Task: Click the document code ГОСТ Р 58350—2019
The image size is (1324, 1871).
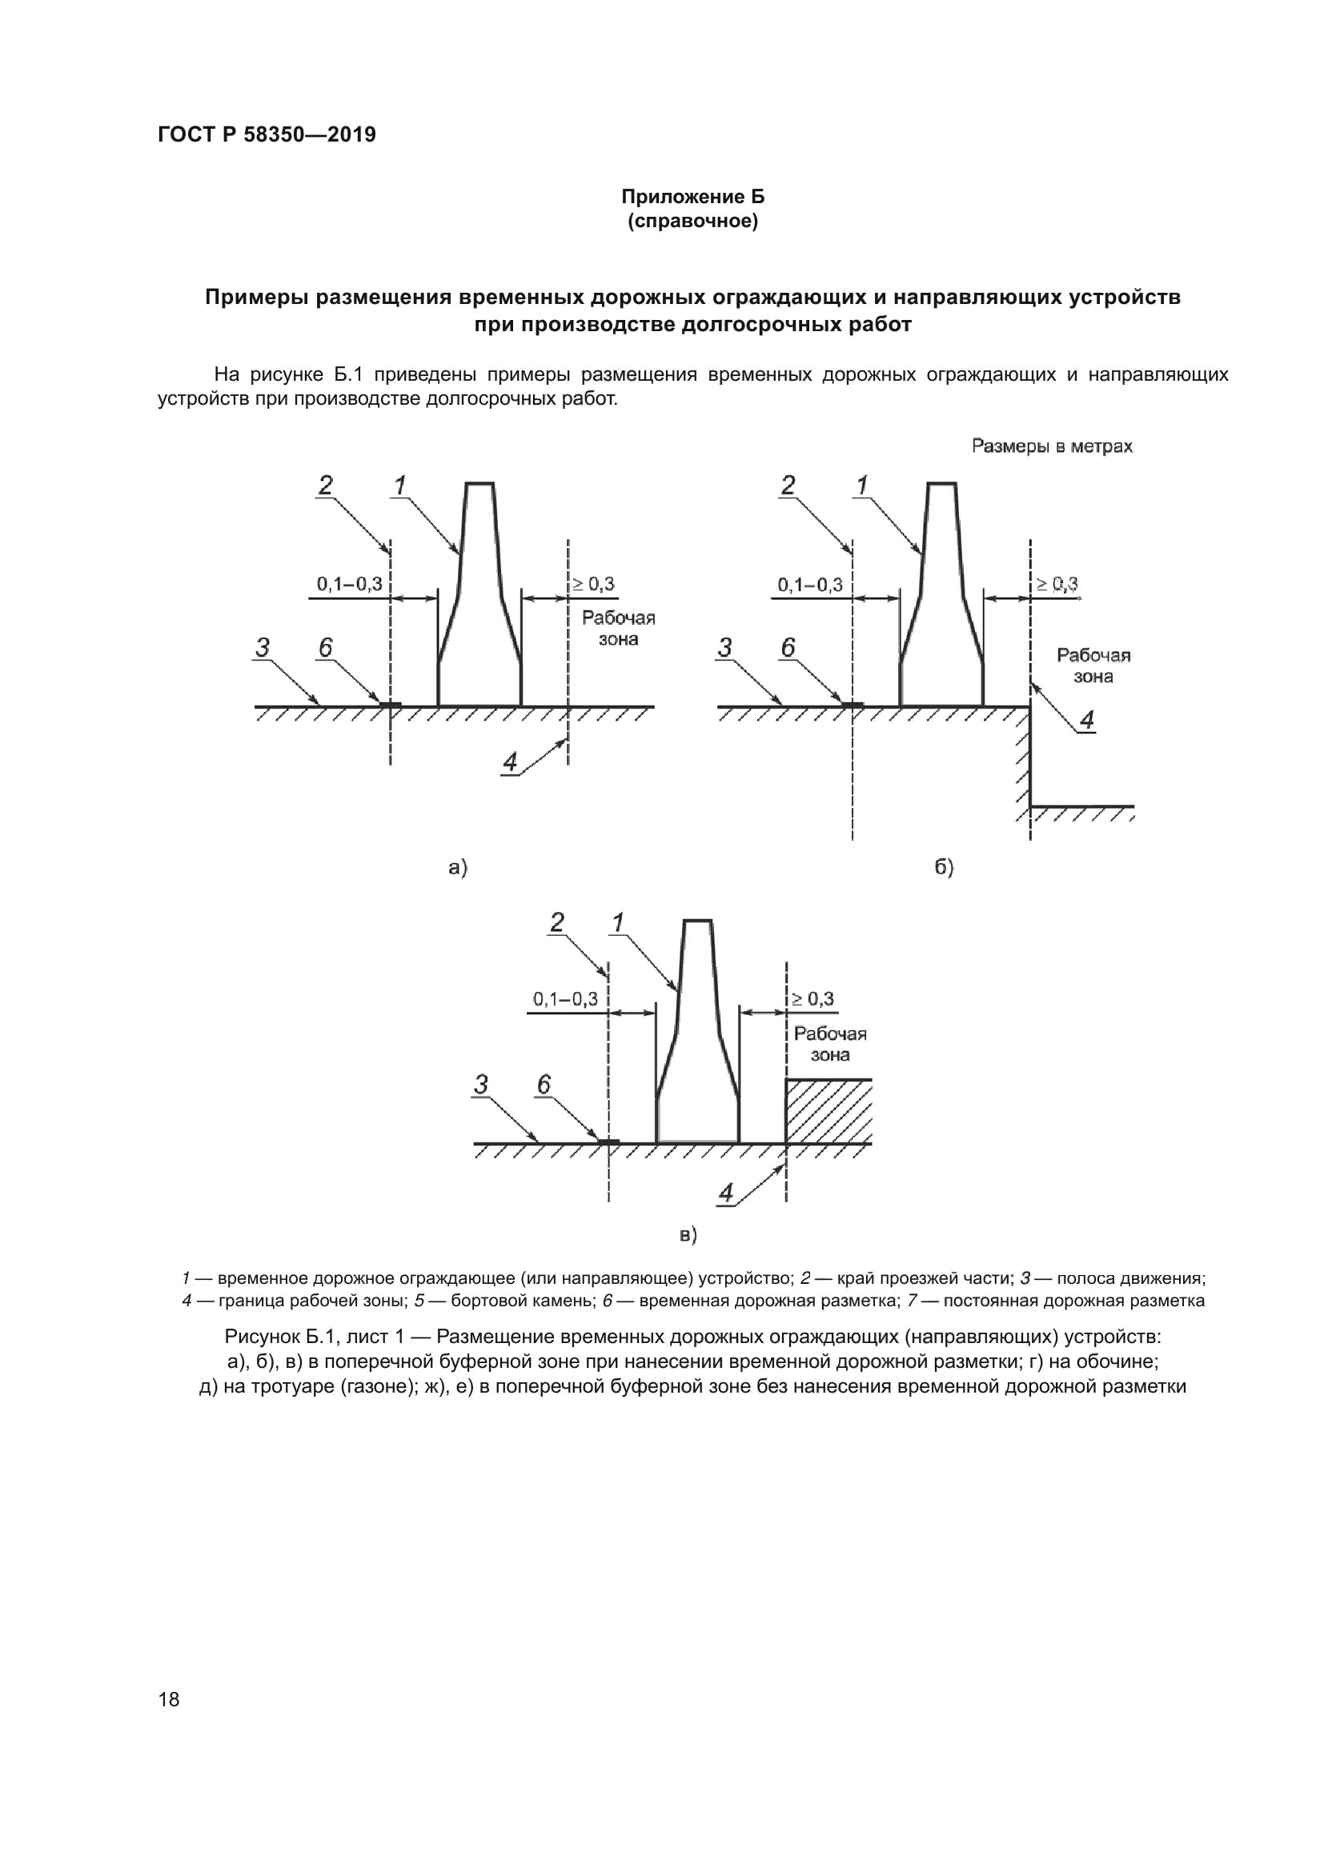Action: [x=267, y=134]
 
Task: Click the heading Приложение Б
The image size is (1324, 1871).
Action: [x=693, y=197]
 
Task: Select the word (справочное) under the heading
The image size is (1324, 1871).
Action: [x=693, y=222]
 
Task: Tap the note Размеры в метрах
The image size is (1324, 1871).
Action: [x=1052, y=446]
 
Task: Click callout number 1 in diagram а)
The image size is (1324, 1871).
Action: [x=399, y=486]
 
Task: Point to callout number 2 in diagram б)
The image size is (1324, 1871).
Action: [x=788, y=486]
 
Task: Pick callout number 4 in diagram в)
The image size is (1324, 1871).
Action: [x=724, y=1193]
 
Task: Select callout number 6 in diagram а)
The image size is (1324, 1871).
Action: [x=325, y=648]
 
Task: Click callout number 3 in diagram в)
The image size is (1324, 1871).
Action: [x=481, y=1085]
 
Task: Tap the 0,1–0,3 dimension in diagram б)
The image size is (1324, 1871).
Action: [x=810, y=584]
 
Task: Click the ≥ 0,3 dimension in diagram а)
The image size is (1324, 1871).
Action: [x=593, y=583]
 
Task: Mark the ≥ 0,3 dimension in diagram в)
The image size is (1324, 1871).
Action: [x=812, y=998]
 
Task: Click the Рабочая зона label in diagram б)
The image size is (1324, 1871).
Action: [x=1093, y=666]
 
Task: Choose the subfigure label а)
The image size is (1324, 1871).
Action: [x=458, y=868]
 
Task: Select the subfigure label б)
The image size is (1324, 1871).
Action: [x=944, y=868]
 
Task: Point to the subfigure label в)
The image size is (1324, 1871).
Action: [x=689, y=1235]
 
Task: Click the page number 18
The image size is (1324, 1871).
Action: [x=169, y=1699]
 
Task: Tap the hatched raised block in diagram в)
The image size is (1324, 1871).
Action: [x=829, y=1111]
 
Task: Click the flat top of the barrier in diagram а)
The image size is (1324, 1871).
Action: [x=479, y=484]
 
